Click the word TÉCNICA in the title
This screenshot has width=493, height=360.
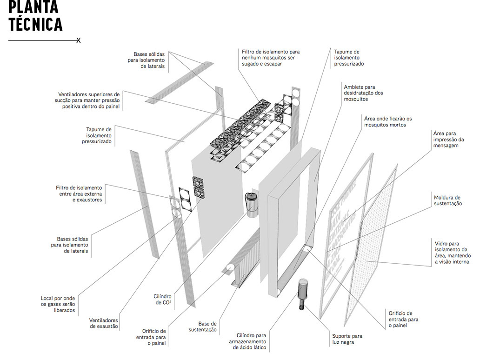35,24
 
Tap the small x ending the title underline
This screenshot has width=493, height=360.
79,40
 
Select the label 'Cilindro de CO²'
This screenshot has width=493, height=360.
162,299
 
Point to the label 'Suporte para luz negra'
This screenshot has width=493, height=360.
347,339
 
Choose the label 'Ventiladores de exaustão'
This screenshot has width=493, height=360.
104,323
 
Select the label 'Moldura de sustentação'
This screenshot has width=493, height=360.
447,200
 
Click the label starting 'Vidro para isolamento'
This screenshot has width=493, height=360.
453,253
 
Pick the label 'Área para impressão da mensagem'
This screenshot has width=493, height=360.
448,139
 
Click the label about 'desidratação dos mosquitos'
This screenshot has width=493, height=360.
363,93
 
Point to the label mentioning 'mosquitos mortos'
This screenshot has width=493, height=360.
387,122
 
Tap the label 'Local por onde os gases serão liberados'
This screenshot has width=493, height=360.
58,304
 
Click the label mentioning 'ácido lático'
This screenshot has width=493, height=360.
251,341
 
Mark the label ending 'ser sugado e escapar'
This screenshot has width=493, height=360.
270,58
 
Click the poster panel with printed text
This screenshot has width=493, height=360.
344,233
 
